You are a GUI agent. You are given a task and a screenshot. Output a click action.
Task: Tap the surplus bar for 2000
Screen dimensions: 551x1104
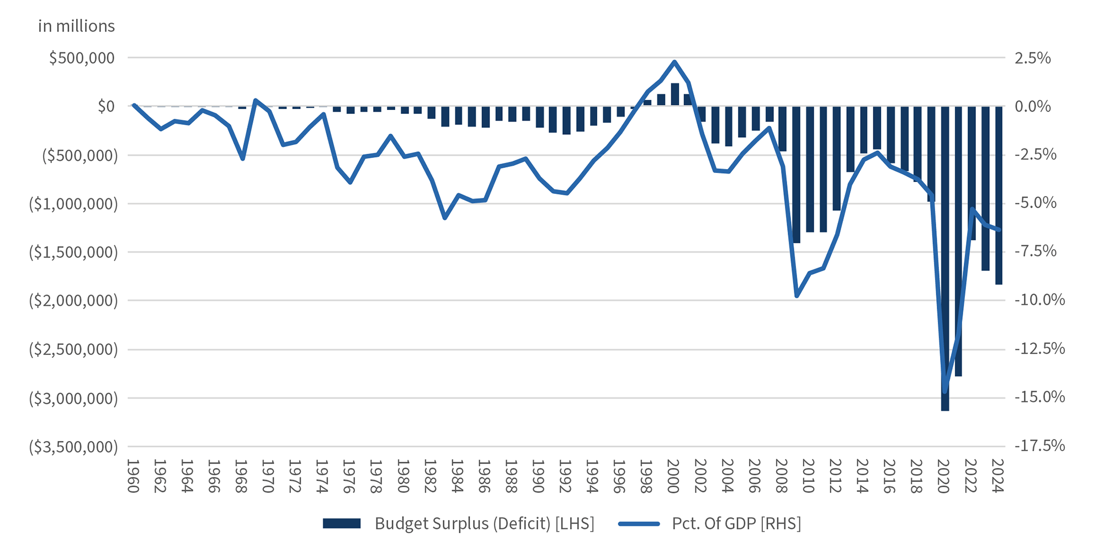point(675,95)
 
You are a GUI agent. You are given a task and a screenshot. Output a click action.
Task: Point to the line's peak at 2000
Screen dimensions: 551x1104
point(675,62)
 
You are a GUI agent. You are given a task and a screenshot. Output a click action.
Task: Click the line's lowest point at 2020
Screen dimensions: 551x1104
point(944,391)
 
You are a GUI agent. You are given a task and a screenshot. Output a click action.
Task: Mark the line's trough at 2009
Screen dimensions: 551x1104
point(797,296)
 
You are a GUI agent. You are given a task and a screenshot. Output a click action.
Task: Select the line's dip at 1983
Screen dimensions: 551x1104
point(445,218)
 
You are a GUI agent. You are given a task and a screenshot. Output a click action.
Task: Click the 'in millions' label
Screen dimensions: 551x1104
point(76,26)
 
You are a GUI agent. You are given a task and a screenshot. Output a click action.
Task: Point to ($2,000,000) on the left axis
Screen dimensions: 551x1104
point(73,301)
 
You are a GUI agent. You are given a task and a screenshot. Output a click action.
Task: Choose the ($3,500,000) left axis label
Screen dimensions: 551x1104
point(73,447)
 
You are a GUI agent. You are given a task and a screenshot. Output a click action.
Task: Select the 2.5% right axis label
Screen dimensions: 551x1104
point(1032,58)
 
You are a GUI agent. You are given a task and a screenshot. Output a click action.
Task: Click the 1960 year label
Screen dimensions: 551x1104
point(133,475)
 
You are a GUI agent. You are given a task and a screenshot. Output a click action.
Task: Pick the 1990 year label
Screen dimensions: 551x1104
point(538,475)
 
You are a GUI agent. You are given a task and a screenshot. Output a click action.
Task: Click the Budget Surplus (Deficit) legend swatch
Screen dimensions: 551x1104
point(342,523)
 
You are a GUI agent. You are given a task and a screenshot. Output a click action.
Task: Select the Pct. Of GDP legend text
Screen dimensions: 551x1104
point(736,523)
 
